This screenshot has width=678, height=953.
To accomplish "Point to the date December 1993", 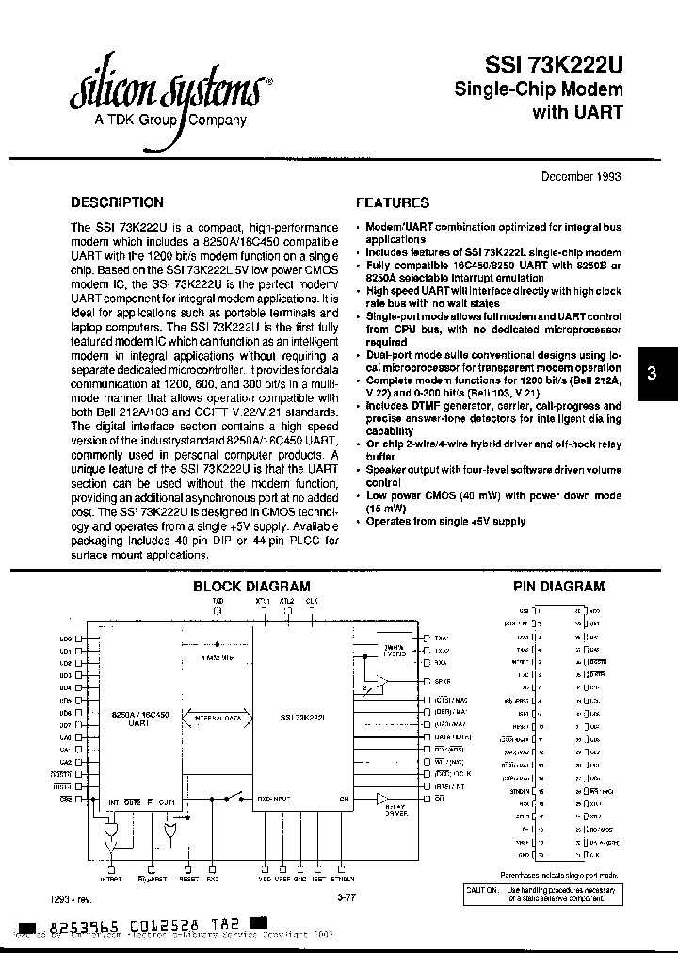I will pos(580,176).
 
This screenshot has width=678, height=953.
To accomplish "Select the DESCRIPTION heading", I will pos(118,202).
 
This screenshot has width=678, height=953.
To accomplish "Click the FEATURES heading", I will pos(392,202).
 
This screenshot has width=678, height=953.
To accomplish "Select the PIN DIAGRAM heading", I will pos(558,586).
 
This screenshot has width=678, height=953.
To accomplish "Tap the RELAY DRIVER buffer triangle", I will pos(380,800).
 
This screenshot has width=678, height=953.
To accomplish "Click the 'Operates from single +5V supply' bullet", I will pos(444,521).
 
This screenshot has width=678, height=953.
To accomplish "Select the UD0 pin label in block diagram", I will pos(66,639).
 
